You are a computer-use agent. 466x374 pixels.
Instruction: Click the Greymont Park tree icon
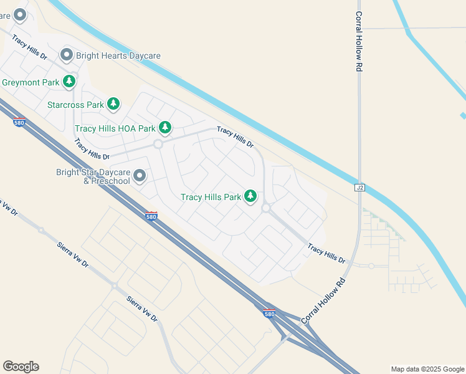pyautogui.click(x=69, y=82)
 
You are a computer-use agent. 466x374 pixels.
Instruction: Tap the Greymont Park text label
pyautogui.click(x=30, y=82)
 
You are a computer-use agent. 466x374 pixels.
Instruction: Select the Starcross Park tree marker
pyautogui.click(x=113, y=104)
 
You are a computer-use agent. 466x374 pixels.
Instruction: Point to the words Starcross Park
pyautogui.click(x=75, y=105)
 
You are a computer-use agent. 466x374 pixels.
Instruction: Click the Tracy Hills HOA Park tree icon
pyautogui.click(x=164, y=128)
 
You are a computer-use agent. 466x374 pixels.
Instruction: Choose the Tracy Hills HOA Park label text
pyautogui.click(x=115, y=128)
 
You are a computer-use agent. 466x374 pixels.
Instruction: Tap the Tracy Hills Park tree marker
pyautogui.click(x=250, y=196)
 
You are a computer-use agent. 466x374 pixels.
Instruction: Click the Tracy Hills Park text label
pyautogui.click(x=211, y=197)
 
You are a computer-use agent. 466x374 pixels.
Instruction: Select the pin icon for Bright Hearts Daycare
pyautogui.click(x=67, y=55)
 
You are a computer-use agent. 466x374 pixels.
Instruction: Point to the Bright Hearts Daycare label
pyautogui.click(x=118, y=55)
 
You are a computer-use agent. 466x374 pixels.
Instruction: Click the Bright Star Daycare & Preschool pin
pyautogui.click(x=140, y=176)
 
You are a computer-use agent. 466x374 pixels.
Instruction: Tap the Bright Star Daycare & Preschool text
pyautogui.click(x=93, y=176)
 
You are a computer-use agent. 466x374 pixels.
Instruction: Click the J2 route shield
pyautogui.click(x=359, y=187)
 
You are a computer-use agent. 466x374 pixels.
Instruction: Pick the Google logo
pyautogui.click(x=21, y=367)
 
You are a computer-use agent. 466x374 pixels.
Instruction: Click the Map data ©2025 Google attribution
pyautogui.click(x=427, y=369)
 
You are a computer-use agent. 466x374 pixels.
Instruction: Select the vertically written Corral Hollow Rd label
pyautogui.click(x=359, y=41)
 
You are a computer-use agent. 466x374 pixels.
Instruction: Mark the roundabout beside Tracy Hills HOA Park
pyautogui.click(x=158, y=144)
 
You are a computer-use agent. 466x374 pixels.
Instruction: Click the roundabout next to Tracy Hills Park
pyautogui.click(x=265, y=208)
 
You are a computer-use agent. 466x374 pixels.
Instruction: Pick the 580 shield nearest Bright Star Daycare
pyautogui.click(x=151, y=216)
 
